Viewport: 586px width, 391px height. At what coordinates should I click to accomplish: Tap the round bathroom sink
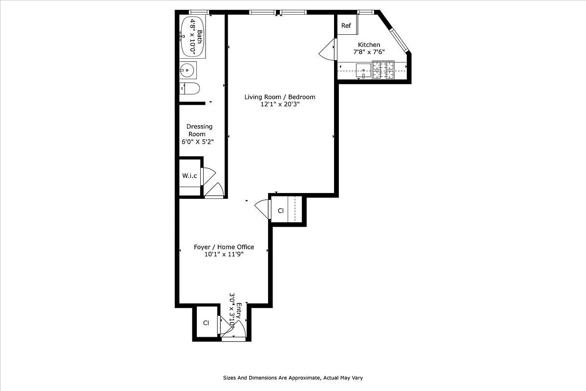(188, 70)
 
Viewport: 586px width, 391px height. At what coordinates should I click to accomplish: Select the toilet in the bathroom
(190, 88)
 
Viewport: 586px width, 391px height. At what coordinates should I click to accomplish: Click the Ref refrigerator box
(346, 26)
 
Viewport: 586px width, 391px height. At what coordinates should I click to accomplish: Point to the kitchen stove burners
(383, 70)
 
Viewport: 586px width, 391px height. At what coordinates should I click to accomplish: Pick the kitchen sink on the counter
(364, 70)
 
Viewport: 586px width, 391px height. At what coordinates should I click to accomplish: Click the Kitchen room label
(369, 45)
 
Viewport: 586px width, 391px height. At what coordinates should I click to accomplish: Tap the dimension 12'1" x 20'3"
(279, 105)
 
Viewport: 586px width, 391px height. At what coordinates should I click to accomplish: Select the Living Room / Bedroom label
(280, 97)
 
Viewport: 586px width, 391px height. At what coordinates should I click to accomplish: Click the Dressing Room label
(199, 130)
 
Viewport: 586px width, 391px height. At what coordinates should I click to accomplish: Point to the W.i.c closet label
(189, 176)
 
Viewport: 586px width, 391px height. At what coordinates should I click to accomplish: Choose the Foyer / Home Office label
(224, 247)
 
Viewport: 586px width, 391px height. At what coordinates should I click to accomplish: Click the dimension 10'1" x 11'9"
(224, 254)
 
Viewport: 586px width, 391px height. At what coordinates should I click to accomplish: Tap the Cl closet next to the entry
(206, 323)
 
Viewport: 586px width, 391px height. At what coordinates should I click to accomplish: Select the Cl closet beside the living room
(281, 211)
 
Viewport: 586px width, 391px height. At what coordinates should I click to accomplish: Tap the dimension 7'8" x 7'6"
(369, 52)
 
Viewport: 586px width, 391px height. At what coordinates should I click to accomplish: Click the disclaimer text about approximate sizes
(293, 378)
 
